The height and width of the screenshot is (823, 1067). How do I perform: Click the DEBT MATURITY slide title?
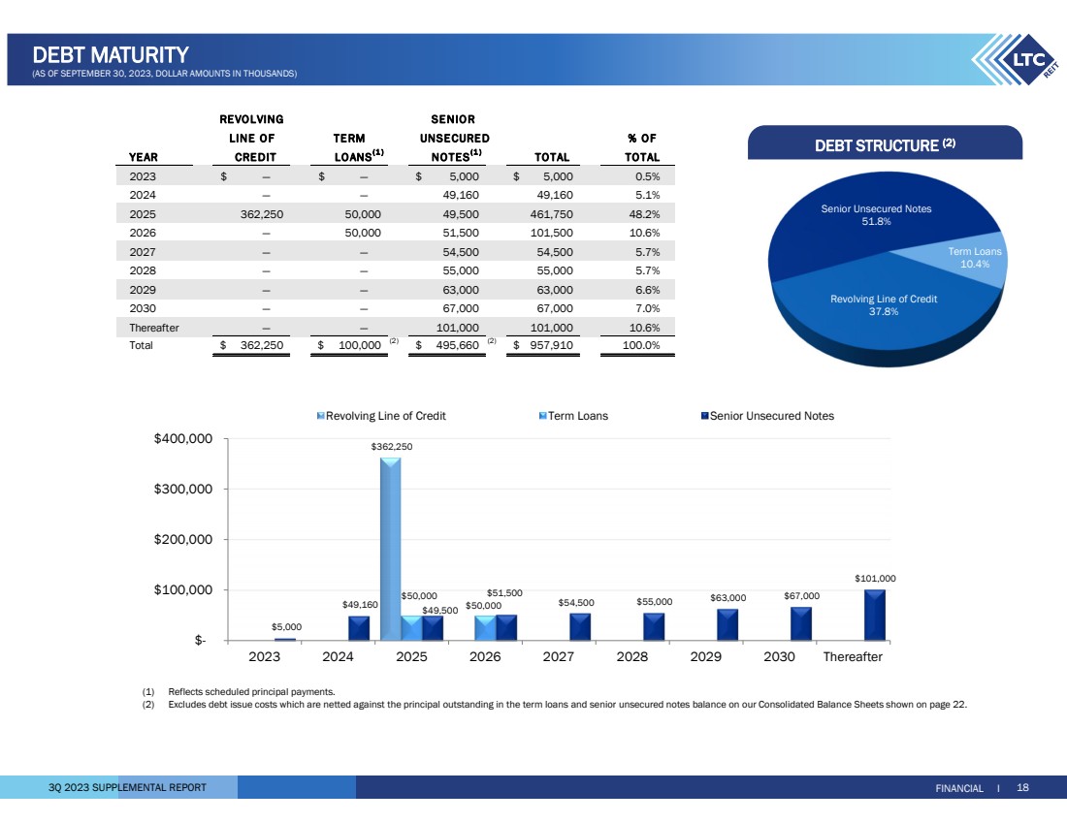tap(110, 54)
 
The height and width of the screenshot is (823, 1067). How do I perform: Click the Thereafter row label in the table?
tap(154, 328)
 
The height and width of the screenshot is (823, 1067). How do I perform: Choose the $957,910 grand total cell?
tap(548, 345)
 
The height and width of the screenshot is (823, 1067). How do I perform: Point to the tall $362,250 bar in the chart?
tap(390, 548)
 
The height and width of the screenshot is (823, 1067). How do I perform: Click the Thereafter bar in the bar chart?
tap(875, 615)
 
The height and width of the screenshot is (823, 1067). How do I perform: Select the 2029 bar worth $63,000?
tap(727, 624)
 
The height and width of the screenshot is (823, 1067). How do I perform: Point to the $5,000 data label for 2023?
tap(285, 626)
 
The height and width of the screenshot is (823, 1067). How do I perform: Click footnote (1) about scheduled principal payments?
tap(251, 691)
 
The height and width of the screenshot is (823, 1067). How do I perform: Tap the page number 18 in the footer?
tap(1022, 788)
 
